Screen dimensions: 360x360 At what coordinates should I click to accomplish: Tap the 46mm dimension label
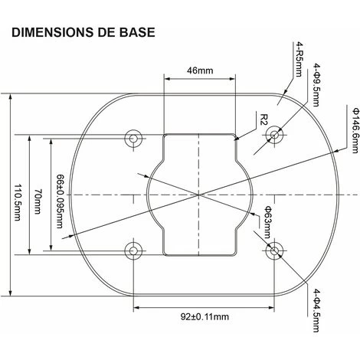(x=200, y=70)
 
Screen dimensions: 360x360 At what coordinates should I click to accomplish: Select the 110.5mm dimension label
(x=17, y=202)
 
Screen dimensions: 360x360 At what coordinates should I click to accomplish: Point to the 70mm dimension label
(x=38, y=201)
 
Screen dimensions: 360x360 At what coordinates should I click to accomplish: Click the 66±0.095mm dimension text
(x=60, y=201)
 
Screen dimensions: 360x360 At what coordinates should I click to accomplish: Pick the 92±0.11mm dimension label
(x=205, y=317)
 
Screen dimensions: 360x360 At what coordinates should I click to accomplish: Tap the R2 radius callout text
(x=264, y=119)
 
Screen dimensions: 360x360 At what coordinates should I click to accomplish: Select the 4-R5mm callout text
(x=299, y=60)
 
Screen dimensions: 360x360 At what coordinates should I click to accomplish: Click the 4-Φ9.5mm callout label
(x=316, y=85)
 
